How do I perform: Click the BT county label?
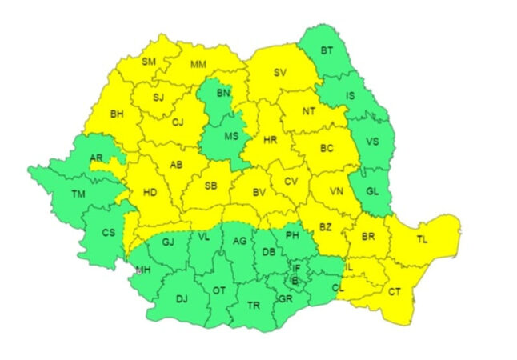pos(327,51)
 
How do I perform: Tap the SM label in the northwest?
pos(150,62)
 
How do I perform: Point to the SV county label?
pos(279,73)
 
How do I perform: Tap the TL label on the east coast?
pos(422,238)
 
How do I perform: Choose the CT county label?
pos(395,293)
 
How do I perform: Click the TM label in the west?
pos(78,194)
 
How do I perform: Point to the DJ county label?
pos(182,299)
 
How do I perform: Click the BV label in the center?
pos(258,193)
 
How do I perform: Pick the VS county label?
pos(372,142)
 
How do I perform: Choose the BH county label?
pos(118,114)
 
